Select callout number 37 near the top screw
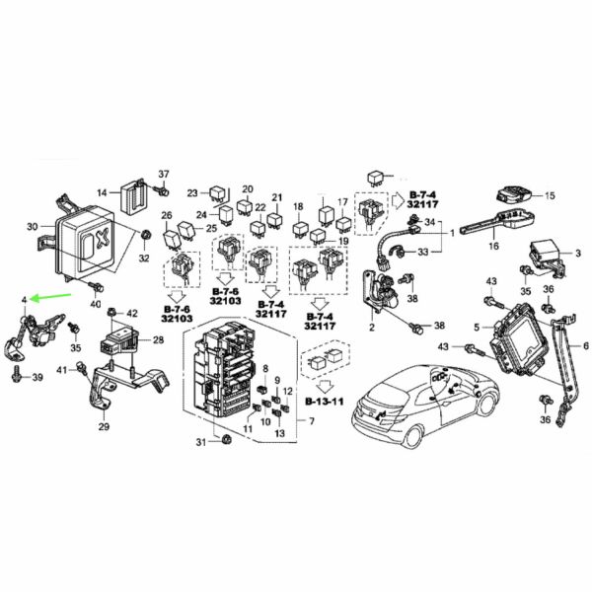coord(165,174)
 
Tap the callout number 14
coord(102,192)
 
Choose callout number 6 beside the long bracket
coord(585,345)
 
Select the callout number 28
coord(157,340)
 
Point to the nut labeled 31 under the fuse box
coord(225,439)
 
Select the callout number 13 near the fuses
coord(279,432)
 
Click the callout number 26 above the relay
coord(167,216)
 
